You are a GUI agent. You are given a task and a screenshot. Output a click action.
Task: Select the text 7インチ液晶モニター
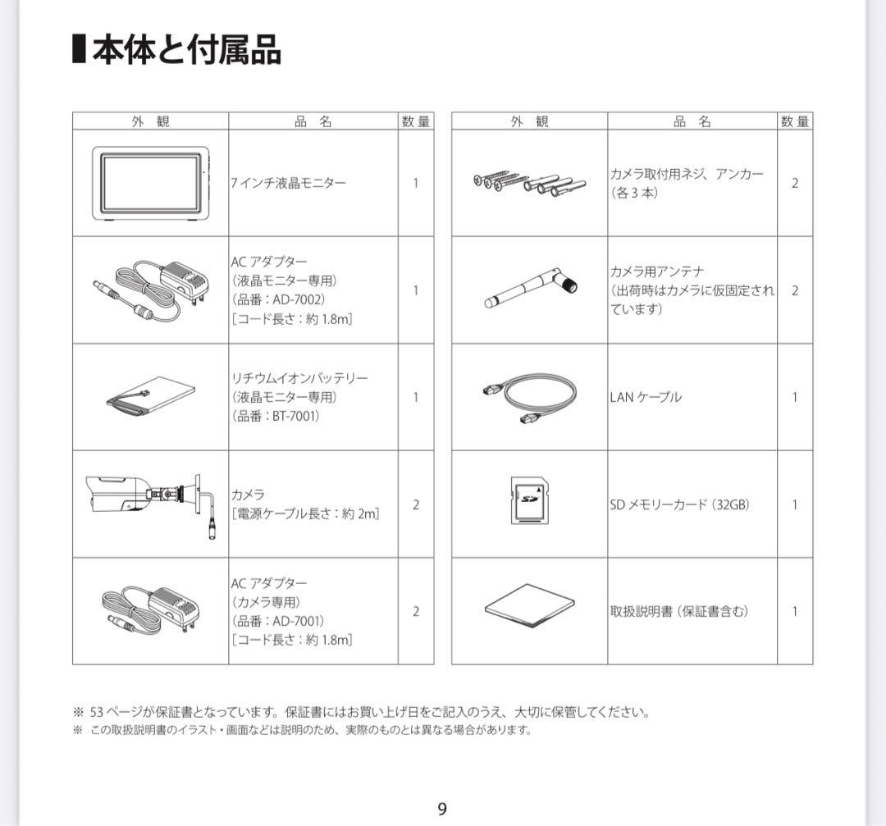(288, 183)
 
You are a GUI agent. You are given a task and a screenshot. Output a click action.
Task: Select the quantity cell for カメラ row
(415, 504)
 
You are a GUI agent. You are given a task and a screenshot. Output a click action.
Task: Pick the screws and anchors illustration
(528, 182)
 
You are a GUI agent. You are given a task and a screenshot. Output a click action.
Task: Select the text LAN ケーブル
(646, 397)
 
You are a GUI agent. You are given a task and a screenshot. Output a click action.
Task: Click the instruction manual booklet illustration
(528, 607)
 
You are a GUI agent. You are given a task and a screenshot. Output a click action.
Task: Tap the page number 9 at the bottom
(442, 810)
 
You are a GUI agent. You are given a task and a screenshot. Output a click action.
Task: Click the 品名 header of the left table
(313, 121)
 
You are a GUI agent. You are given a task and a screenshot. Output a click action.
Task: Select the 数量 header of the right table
(794, 121)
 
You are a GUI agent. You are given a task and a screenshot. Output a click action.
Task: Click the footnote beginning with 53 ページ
(361, 712)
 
